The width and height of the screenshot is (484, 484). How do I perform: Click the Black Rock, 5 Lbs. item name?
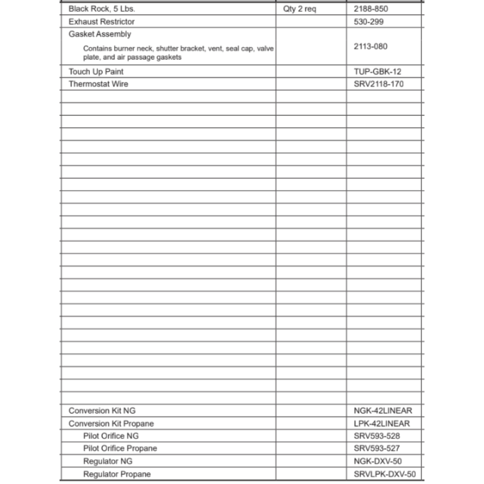pos(98,9)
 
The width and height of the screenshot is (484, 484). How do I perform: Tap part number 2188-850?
pos(371,9)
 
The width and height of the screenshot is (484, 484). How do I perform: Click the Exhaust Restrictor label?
pos(102,21)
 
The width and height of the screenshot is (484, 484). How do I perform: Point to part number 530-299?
pos(369,21)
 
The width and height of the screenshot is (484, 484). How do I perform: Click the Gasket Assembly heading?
pos(100,34)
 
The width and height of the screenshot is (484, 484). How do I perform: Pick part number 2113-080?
pos(371,46)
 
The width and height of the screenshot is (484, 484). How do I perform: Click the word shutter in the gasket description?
pos(167,48)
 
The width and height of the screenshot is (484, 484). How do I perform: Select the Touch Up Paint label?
pos(96,72)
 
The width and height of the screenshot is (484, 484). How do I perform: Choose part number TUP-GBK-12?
pos(378,72)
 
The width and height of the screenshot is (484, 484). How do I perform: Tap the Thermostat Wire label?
pos(98,84)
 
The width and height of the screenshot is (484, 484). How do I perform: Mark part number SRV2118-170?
pos(378,84)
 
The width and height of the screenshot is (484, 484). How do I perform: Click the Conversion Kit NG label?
pos(102,411)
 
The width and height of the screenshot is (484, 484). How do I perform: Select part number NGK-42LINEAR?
pos(383,411)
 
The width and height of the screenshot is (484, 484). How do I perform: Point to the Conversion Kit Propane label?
pos(111,423)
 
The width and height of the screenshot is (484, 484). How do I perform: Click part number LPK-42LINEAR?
pos(382,423)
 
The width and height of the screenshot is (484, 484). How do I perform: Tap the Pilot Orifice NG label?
pos(111,436)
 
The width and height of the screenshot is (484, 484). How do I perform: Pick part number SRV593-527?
pos(377,449)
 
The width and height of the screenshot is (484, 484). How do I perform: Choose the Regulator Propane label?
pos(117,474)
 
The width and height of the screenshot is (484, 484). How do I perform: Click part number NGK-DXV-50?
pos(378,461)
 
